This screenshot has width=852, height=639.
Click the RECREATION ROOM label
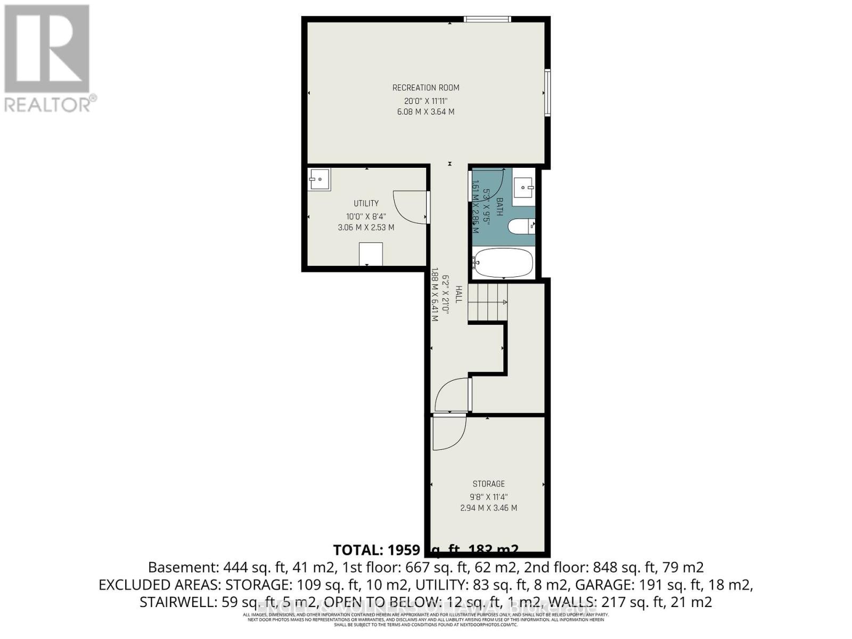point(425,88)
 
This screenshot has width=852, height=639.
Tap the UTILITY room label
point(366,203)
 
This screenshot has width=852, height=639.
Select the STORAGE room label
point(488,484)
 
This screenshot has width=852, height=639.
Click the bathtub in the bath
point(503,263)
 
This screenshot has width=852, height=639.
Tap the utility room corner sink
point(319,179)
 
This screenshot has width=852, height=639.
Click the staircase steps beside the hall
point(487,302)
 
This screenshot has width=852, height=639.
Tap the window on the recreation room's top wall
point(487,20)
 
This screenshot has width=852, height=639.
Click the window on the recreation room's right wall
point(547,92)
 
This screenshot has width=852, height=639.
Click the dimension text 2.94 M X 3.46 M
point(488,508)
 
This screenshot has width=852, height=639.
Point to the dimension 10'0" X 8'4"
point(366,216)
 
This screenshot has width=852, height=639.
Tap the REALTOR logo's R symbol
point(47,49)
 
